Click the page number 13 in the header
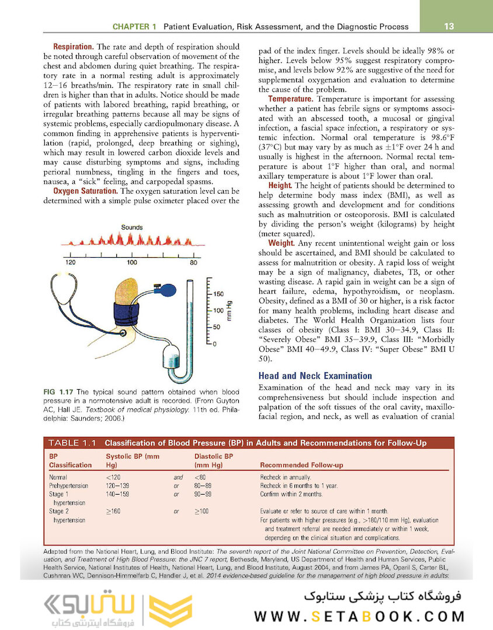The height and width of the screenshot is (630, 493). (x=449, y=26)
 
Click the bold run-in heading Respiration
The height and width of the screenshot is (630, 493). (x=74, y=47)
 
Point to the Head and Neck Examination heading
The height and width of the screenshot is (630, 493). (x=315, y=376)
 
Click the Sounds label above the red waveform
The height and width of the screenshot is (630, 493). (x=132, y=227)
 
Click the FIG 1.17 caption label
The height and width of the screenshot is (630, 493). (x=59, y=392)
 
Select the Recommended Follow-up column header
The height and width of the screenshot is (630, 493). (x=301, y=465)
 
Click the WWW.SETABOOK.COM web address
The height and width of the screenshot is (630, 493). (x=359, y=617)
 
